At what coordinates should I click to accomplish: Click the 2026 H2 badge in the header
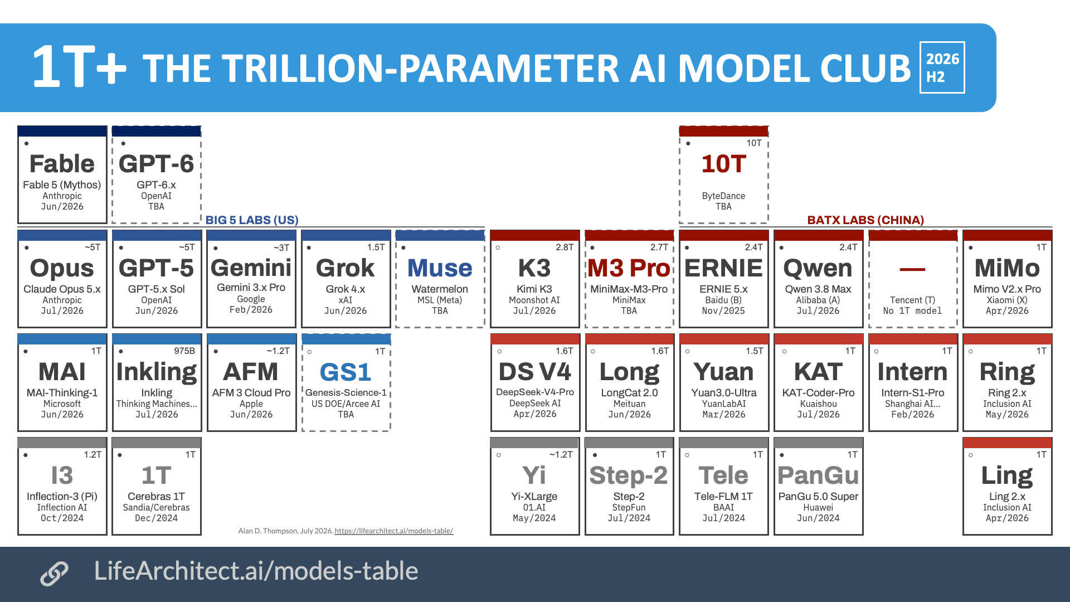pyautogui.click(x=942, y=67)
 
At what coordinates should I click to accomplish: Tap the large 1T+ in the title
pyautogui.click(x=79, y=67)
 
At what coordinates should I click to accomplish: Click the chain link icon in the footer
pyautogui.click(x=54, y=573)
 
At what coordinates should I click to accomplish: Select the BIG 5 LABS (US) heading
pyautogui.click(x=252, y=220)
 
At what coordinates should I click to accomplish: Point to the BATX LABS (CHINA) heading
pyautogui.click(x=865, y=220)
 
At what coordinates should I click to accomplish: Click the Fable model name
pyautogui.click(x=62, y=164)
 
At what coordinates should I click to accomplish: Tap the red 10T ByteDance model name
pyautogui.click(x=723, y=164)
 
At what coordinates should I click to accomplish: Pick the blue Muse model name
pyautogui.click(x=440, y=268)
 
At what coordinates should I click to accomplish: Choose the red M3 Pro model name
pyautogui.click(x=629, y=268)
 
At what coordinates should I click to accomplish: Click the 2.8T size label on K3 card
pyautogui.click(x=565, y=247)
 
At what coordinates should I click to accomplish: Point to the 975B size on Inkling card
pyautogui.click(x=184, y=351)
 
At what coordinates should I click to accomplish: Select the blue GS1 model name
pyautogui.click(x=346, y=372)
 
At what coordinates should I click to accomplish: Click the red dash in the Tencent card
pyautogui.click(x=912, y=269)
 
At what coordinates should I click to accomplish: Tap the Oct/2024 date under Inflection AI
pyautogui.click(x=62, y=518)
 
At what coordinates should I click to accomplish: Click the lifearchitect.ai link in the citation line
pyautogui.click(x=393, y=531)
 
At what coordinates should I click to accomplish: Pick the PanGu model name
pyautogui.click(x=818, y=475)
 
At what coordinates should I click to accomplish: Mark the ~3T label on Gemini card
pyautogui.click(x=281, y=247)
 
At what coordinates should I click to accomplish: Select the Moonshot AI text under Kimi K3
pyautogui.click(x=534, y=300)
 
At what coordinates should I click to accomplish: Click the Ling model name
pyautogui.click(x=1007, y=476)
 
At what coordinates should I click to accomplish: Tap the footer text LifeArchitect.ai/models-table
pyautogui.click(x=256, y=571)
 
